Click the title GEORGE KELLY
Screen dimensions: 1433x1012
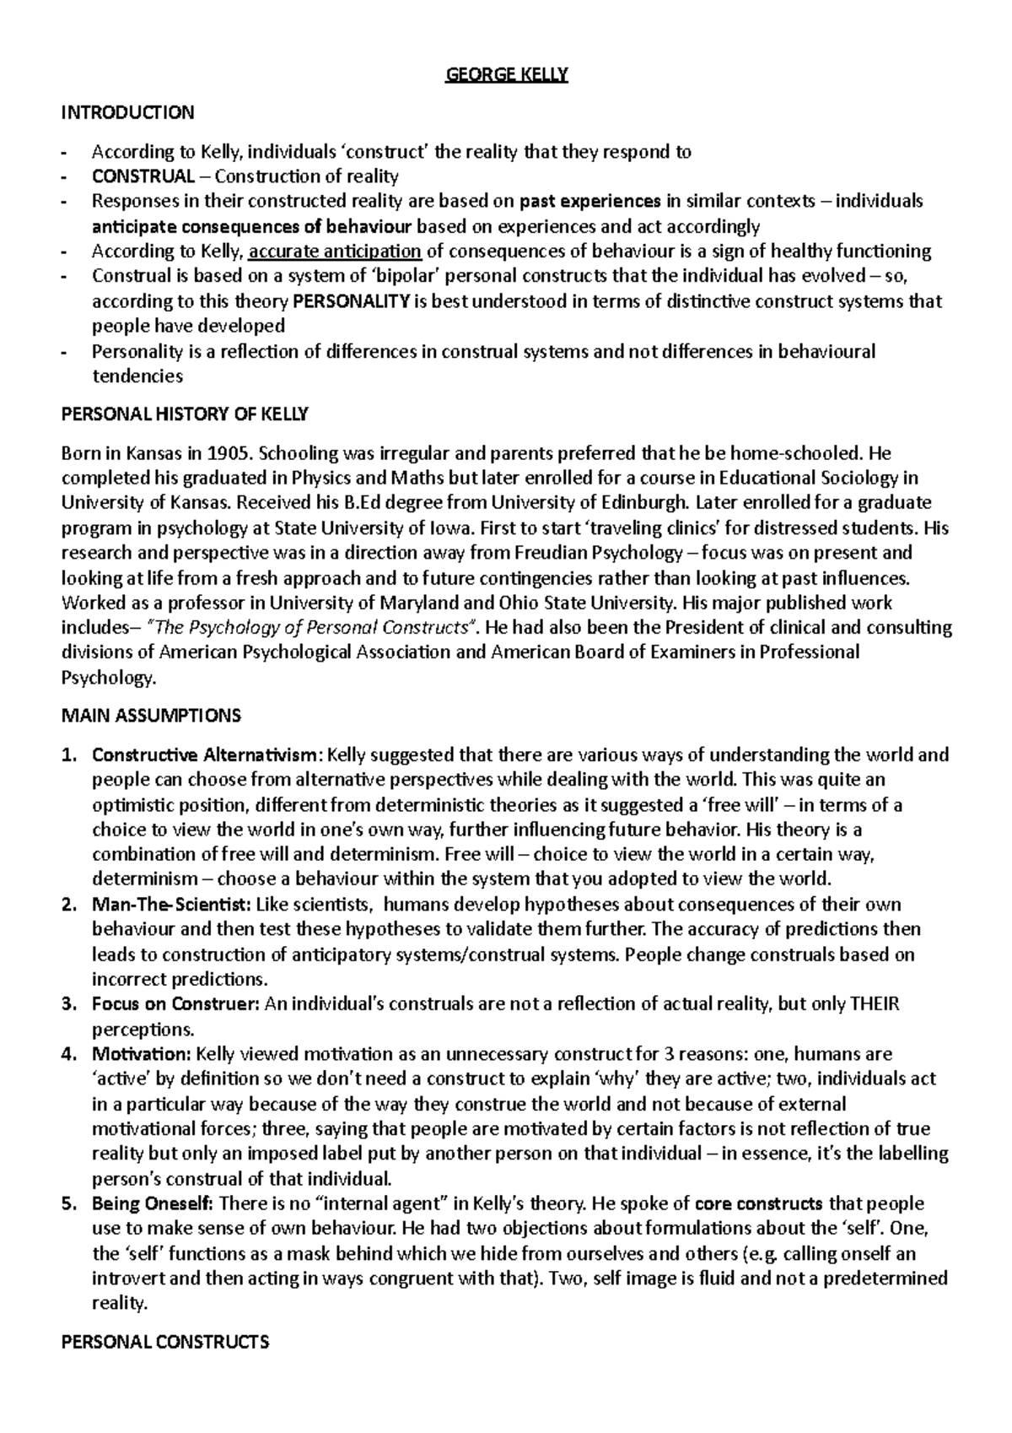pyautogui.click(x=507, y=75)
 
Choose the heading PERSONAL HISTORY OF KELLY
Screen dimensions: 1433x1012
pyautogui.click(x=186, y=414)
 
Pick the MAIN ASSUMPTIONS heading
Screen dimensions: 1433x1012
pyautogui.click(x=152, y=716)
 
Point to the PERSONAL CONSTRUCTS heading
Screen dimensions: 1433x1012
pyautogui.click(x=166, y=1342)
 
